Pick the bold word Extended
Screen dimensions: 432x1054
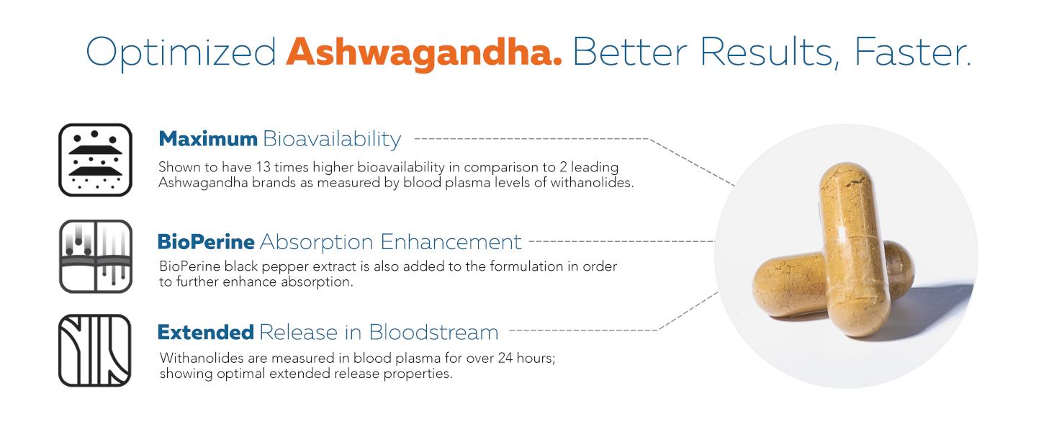(205, 332)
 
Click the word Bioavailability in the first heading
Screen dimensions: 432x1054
(332, 138)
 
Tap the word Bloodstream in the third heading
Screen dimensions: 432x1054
(433, 332)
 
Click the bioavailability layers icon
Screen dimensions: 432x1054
(95, 160)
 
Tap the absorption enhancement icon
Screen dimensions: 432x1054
(95, 256)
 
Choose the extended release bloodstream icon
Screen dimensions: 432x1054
(95, 351)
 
